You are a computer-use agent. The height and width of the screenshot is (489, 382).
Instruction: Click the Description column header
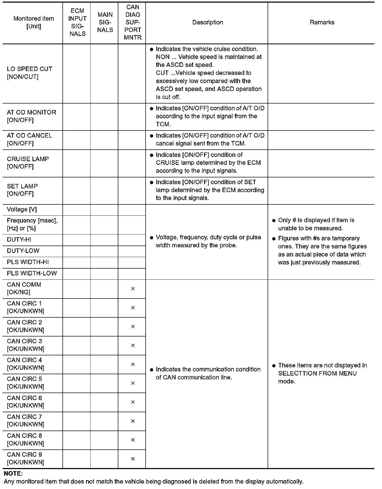coord(208,23)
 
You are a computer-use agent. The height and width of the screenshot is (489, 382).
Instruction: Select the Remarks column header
coord(322,23)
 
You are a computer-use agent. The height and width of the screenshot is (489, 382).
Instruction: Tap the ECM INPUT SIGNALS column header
coord(77,23)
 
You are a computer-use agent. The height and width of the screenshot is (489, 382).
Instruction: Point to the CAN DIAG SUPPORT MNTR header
coord(132,23)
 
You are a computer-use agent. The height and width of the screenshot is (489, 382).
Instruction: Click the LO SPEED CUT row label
coord(29,73)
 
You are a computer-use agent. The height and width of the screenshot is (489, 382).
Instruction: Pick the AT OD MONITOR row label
coord(31,116)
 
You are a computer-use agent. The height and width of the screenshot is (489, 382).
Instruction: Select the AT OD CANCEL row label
coord(29,139)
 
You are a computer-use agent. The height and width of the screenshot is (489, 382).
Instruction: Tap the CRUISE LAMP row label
coord(28,163)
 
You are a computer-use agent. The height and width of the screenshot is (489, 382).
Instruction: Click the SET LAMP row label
coord(22,190)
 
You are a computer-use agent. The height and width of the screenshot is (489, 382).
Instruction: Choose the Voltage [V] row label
coord(22,209)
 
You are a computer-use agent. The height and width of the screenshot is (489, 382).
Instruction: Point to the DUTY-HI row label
coord(19,240)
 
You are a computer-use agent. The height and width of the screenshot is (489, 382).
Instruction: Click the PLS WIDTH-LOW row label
coord(32,273)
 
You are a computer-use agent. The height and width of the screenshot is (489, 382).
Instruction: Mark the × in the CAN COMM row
coord(133,289)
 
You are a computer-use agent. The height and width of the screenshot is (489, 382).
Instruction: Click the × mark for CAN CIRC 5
coord(133,383)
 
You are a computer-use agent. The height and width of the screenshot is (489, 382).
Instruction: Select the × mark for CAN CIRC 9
coord(133,459)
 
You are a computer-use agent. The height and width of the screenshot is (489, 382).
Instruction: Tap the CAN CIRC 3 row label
coord(25,345)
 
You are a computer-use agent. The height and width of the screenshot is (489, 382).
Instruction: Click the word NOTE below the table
coord(13,474)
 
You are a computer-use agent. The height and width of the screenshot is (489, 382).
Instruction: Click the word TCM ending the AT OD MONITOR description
coord(163,124)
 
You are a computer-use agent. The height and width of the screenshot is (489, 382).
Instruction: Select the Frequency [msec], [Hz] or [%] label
coord(32,224)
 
